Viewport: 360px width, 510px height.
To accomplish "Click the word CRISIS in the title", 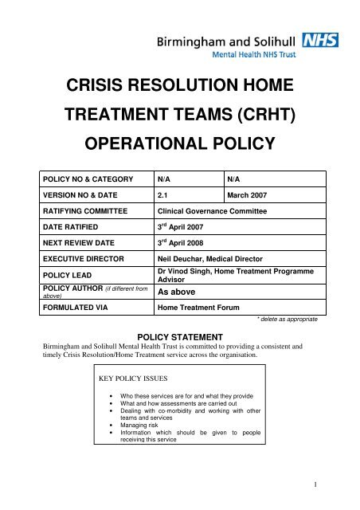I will [108, 84].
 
